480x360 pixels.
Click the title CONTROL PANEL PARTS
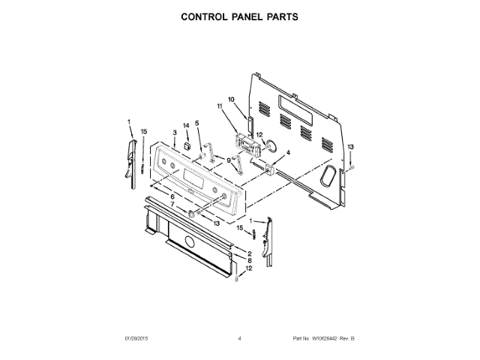[240, 16]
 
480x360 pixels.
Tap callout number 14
[187, 125]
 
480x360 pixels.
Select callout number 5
[197, 123]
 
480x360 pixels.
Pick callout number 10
[231, 100]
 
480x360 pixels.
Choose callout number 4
[286, 152]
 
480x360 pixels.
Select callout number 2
[249, 254]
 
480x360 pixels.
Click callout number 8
[249, 261]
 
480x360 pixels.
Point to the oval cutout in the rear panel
[328, 175]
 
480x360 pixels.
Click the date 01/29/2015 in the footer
[137, 339]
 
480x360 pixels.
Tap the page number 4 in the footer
[239, 339]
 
